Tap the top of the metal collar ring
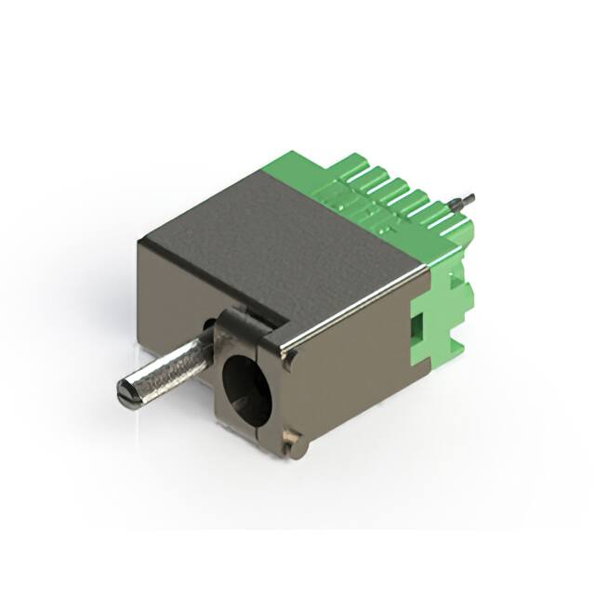tap(244, 321)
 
